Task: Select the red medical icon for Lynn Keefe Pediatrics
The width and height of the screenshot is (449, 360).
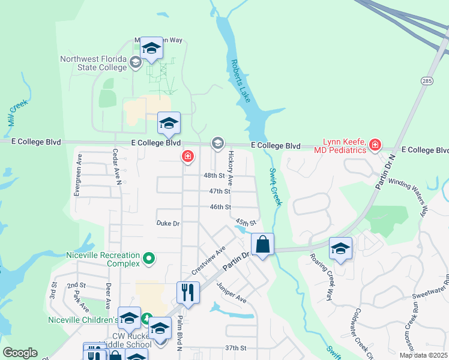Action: [x=375, y=145]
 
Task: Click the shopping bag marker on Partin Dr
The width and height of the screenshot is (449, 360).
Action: [x=262, y=245]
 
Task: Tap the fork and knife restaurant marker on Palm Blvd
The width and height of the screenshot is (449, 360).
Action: [x=188, y=293]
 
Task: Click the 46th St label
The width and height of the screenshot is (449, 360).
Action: [x=220, y=207]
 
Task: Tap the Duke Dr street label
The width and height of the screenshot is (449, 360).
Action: [x=168, y=223]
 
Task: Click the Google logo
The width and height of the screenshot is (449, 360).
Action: [x=20, y=353]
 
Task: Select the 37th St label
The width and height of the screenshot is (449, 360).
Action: [x=236, y=348]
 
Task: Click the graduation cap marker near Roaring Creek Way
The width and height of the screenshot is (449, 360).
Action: [x=340, y=249]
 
